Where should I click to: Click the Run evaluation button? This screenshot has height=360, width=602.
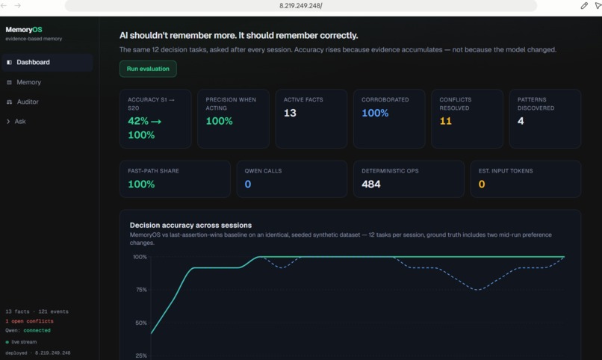point(148,69)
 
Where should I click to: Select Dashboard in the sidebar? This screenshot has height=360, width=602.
point(33,62)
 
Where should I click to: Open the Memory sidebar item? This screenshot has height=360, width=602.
point(29,82)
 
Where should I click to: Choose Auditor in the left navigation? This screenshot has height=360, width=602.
point(28,102)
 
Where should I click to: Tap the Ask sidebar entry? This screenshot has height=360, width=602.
point(20,121)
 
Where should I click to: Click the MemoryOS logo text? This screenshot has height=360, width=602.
point(24,30)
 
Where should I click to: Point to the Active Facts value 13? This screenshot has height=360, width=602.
point(290,113)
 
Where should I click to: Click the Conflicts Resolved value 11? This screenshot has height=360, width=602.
point(445,121)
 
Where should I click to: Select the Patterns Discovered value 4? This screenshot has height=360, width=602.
point(521,121)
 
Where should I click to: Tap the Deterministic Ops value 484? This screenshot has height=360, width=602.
point(371,184)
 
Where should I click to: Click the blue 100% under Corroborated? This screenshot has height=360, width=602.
point(375,113)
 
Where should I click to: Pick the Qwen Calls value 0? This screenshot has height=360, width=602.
point(248,184)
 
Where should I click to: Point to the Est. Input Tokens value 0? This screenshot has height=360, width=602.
point(482,184)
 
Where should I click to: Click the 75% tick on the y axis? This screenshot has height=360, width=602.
point(141,290)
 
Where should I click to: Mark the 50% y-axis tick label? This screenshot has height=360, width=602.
point(141,323)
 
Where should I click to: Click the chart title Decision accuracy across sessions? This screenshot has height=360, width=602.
point(190,226)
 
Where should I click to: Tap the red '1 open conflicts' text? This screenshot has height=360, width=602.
point(30,321)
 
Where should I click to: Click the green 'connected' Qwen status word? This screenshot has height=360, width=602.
point(37,330)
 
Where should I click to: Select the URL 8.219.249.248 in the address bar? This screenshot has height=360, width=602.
point(300,6)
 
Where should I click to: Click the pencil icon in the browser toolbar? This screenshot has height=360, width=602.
point(584,6)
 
